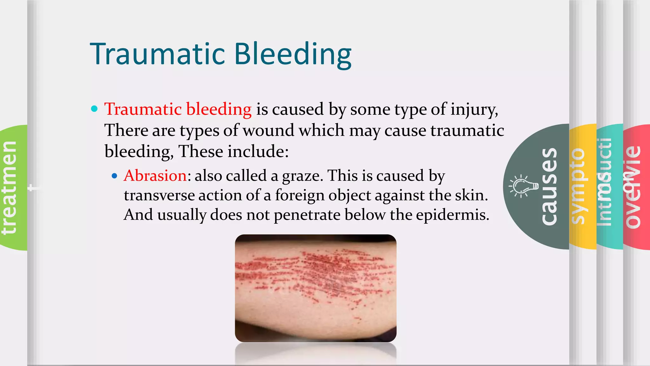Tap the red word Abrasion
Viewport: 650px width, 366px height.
155,176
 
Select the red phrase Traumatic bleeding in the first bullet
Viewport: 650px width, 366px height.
178,109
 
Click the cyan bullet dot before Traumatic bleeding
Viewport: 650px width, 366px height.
94,109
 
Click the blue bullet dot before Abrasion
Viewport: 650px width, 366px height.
115,176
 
